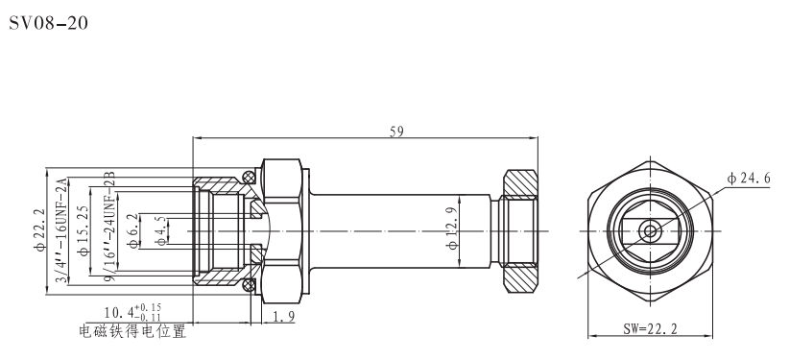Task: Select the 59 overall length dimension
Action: coord(395,133)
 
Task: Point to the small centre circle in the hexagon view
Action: coord(650,230)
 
